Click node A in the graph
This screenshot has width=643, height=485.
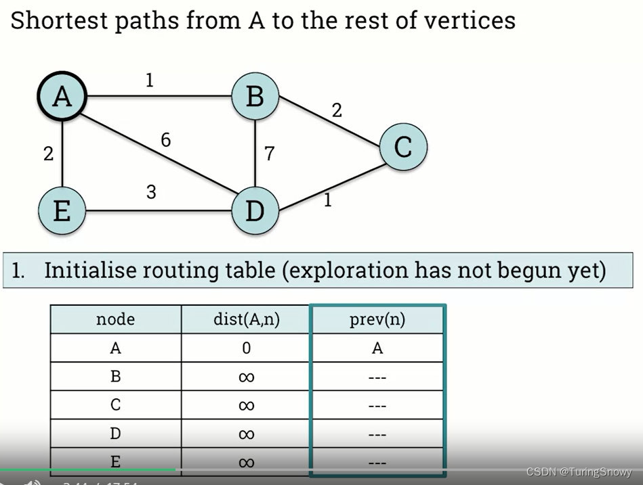click(62, 97)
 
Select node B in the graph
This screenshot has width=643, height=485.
click(255, 97)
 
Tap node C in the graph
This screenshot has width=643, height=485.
click(403, 146)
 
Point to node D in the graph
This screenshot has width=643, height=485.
click(255, 211)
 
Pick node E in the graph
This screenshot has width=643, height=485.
click(62, 211)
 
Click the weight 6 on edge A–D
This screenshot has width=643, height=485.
click(165, 140)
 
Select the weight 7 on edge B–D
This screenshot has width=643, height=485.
click(269, 154)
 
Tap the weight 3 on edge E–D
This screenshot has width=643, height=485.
click(151, 192)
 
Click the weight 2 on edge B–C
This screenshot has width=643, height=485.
click(337, 110)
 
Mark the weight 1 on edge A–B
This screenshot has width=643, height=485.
click(149, 81)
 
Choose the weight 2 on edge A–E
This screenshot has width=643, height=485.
click(48, 154)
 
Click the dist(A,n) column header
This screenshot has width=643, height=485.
click(246, 319)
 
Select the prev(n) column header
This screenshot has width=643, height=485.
click(377, 319)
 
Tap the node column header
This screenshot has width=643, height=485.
click(115, 319)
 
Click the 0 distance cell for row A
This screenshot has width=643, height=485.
click(246, 348)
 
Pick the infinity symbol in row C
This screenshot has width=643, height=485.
click(246, 405)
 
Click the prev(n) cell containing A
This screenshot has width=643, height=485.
click(377, 348)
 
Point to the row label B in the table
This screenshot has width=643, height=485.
click(115, 377)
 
